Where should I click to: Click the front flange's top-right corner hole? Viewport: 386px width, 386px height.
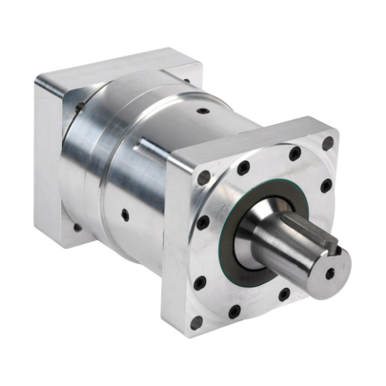click(x=328, y=143)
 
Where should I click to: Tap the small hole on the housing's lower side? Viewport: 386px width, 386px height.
click(x=125, y=212)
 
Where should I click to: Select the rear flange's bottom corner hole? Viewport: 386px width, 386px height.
click(x=76, y=227)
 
